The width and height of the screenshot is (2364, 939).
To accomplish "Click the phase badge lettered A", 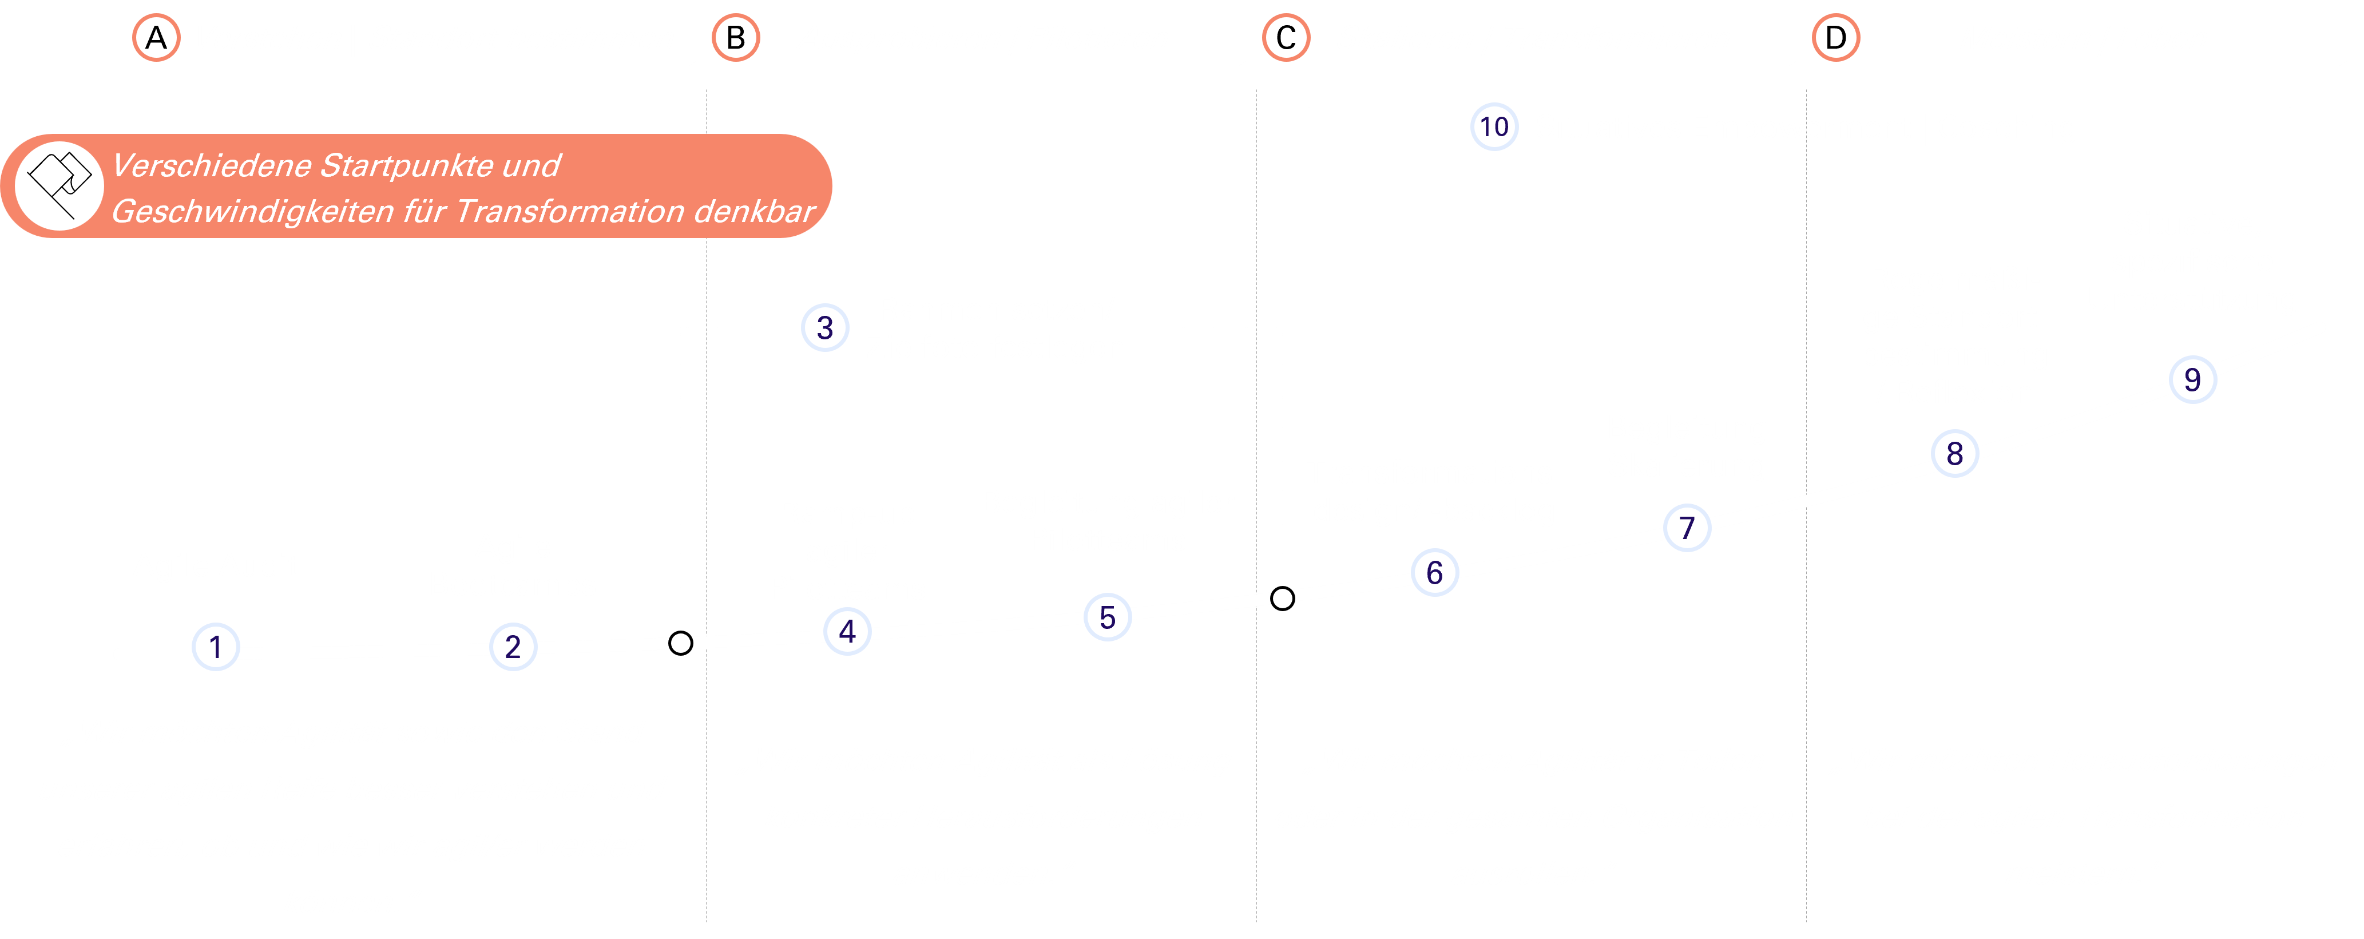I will click(156, 38).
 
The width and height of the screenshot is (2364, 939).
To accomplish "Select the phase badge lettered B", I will click(736, 38).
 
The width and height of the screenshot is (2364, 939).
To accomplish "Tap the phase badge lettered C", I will click(1286, 38).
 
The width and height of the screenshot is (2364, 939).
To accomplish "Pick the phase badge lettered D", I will click(1835, 38).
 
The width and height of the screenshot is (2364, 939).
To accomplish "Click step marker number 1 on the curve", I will click(216, 647).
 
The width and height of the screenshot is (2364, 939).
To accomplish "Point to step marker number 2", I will click(513, 647).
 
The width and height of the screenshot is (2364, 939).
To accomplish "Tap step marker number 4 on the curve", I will click(847, 632).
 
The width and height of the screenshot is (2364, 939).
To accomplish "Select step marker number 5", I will click(1108, 617).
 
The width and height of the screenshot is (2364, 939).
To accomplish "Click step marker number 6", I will click(1434, 573).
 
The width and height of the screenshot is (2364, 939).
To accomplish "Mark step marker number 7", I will click(1687, 528).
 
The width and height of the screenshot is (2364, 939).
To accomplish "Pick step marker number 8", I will click(1955, 453).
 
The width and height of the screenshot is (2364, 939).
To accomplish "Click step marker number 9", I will click(2192, 379).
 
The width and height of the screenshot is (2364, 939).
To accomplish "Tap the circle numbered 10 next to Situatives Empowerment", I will click(1494, 126).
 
